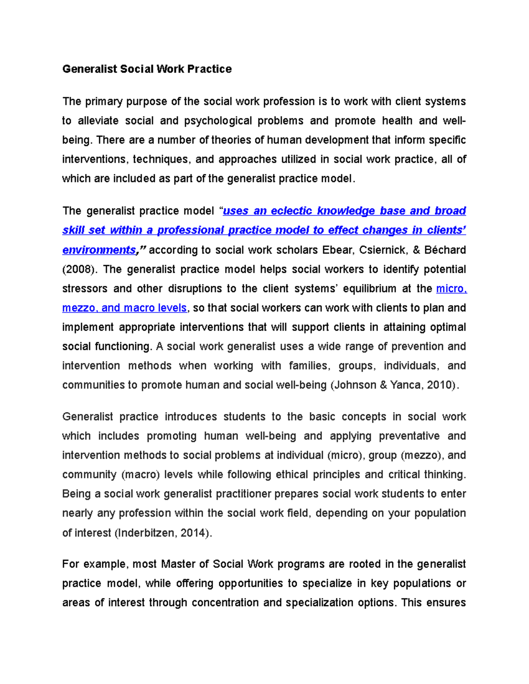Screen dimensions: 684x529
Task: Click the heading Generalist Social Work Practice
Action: [x=147, y=69]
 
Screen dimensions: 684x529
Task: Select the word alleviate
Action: [x=98, y=121]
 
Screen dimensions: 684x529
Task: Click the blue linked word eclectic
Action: [x=291, y=211]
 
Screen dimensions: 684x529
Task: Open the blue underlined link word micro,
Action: [x=451, y=289]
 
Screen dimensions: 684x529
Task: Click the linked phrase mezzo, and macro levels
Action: [x=125, y=308]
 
